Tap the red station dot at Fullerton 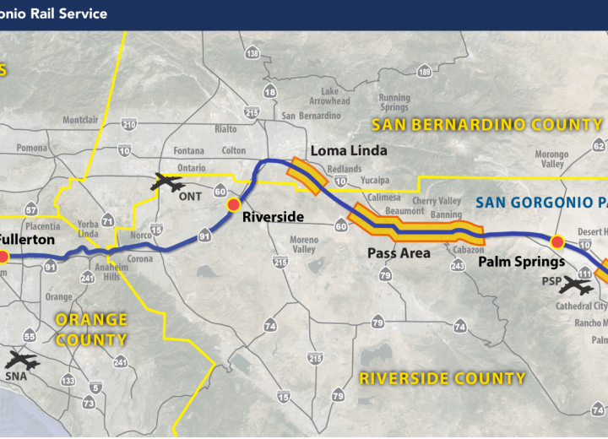click(x=3, y=256)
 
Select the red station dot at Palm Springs click(x=556, y=243)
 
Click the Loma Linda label click(x=348, y=151)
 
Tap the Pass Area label click(x=399, y=252)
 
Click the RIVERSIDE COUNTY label click(x=442, y=378)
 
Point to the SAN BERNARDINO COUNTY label click(x=487, y=125)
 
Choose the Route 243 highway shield click(x=458, y=266)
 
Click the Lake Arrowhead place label click(x=329, y=95)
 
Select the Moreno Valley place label click(x=304, y=245)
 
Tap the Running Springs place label click(x=394, y=102)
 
